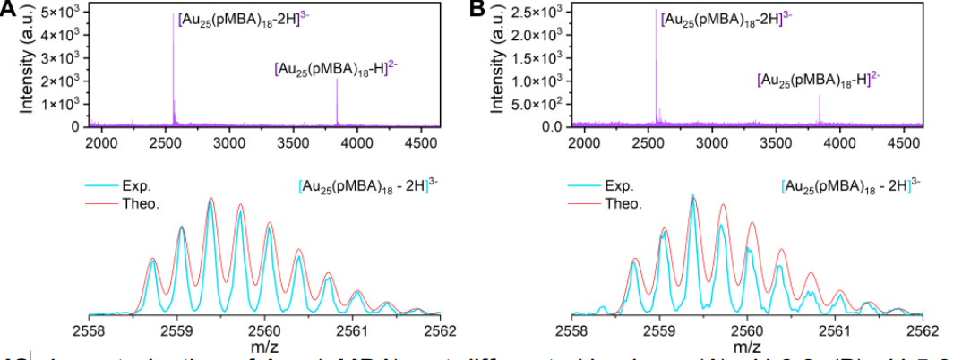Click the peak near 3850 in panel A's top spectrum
337,80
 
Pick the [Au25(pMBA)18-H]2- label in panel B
819,81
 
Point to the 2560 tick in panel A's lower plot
264,329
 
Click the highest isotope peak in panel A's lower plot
210,199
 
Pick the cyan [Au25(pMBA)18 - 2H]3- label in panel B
850,186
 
